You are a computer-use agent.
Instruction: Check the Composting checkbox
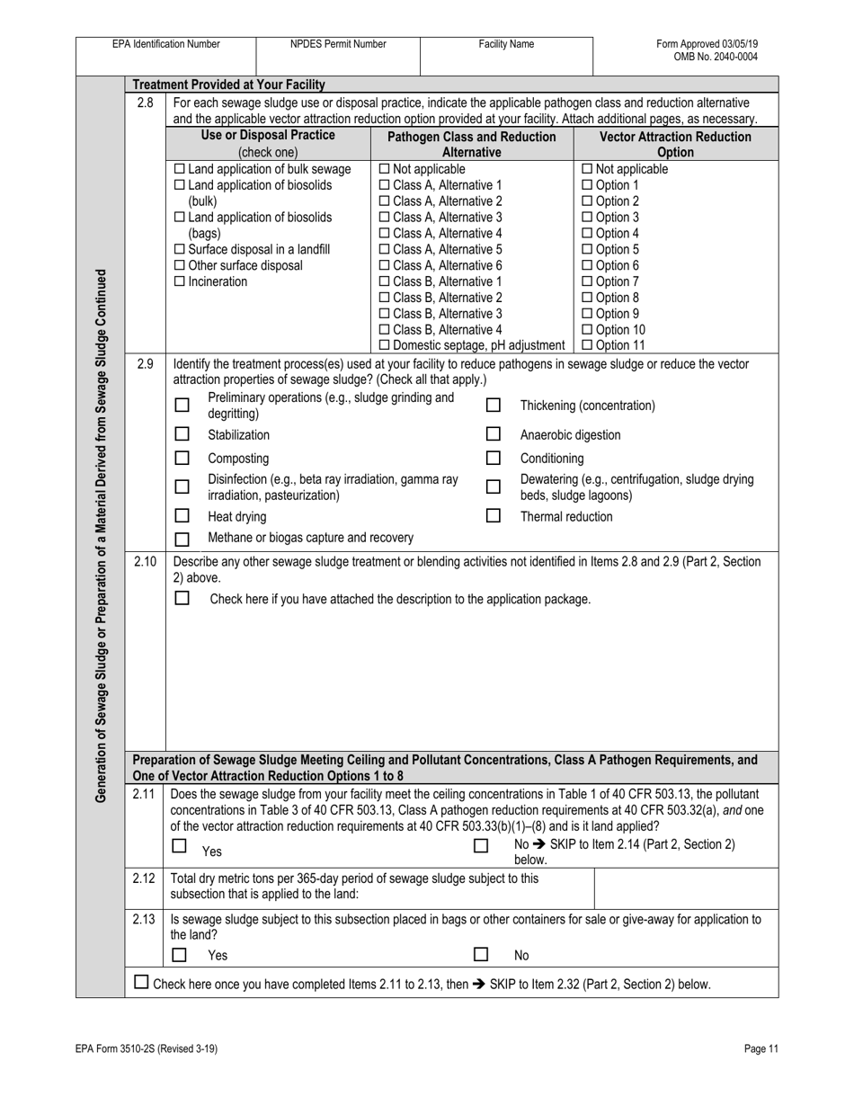pyautogui.click(x=182, y=458)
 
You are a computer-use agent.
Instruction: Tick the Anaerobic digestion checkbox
pyautogui.click(x=493, y=434)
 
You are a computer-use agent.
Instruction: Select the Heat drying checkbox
pyautogui.click(x=182, y=516)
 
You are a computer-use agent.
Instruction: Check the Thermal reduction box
pyautogui.click(x=493, y=516)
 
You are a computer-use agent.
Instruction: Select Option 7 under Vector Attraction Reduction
pyautogui.click(x=589, y=281)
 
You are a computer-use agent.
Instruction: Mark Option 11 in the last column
pyautogui.click(x=589, y=346)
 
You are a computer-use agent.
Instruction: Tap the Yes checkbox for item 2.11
pyautogui.click(x=180, y=846)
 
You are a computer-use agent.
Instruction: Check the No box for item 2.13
pyautogui.click(x=481, y=955)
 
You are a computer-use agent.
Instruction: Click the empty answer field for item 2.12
pyautogui.click(x=686, y=888)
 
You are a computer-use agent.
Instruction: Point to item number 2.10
pyautogui.click(x=145, y=562)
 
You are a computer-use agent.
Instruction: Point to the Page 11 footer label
pyautogui.click(x=761, y=1048)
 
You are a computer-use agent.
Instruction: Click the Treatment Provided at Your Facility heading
pyautogui.click(x=228, y=85)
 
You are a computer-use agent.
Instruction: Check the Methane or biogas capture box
pyautogui.click(x=182, y=540)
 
